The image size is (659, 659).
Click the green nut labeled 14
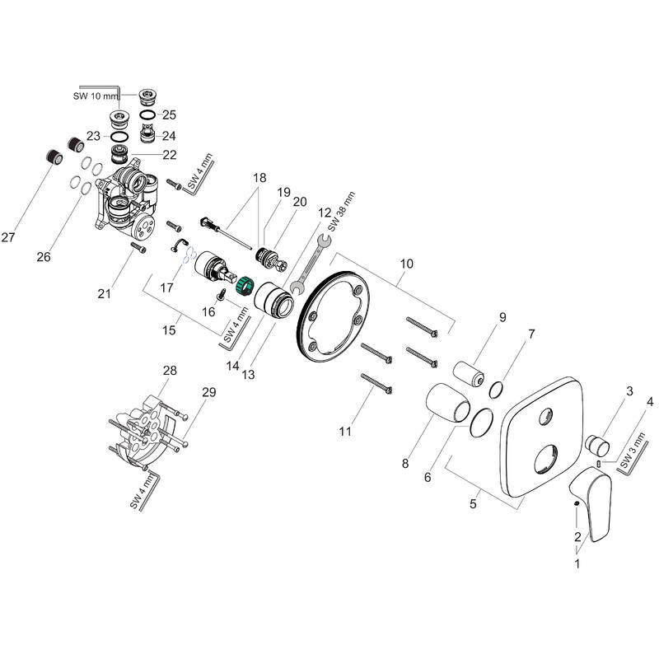pos(244,288)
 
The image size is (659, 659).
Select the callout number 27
pos(8,238)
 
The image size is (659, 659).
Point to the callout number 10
pos(405,264)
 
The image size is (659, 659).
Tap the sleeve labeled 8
pos(446,400)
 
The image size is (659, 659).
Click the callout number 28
pos(170,372)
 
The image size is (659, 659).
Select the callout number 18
pos(260,178)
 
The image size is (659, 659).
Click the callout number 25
pos(170,114)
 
